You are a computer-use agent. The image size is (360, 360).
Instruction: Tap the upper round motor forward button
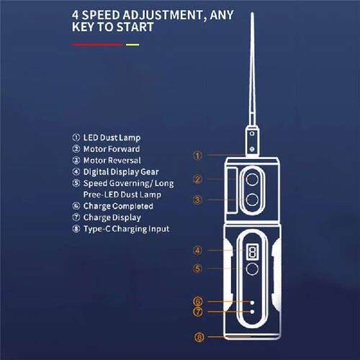click(252, 178)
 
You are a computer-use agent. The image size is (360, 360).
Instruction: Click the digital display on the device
click(251, 251)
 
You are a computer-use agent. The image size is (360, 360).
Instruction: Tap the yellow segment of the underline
click(132, 44)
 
